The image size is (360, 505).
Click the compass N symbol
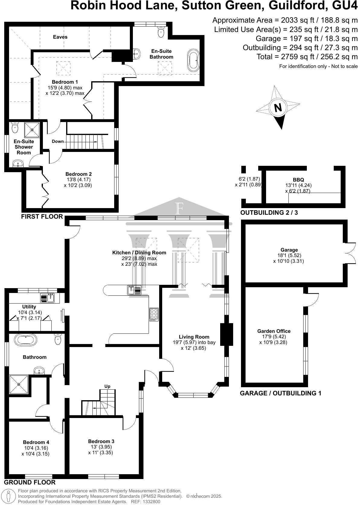pos(278,108)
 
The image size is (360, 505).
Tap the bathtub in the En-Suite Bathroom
pos(193,60)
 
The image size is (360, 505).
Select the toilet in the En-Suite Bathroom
pos(161,31)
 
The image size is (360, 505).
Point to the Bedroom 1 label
pos(65,82)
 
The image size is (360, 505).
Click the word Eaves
pos(60,37)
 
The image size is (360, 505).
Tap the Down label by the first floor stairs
pos(58,141)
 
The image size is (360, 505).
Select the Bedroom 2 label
pos(79,174)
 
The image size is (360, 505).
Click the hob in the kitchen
pos(154,314)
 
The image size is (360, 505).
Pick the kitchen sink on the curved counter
pos(134,290)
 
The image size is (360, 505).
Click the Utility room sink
pos(47,298)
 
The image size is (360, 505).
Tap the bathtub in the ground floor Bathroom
pos(25,339)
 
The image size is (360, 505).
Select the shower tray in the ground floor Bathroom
pos(19,384)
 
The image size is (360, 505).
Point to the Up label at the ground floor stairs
pos(107,386)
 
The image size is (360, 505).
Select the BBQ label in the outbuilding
pos(298,180)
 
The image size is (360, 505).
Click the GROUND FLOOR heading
pos(30,482)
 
